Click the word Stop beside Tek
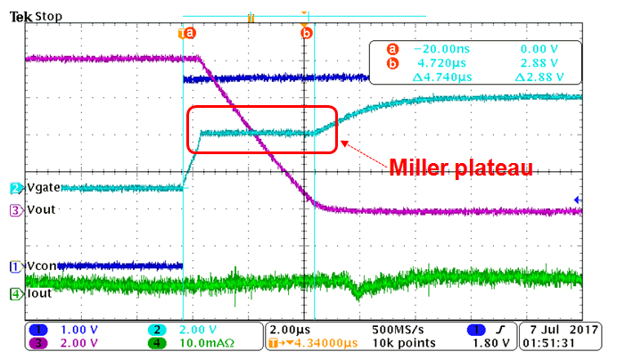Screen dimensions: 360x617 pyautogui.click(x=48, y=16)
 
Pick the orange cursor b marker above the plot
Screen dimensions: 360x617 pyautogui.click(x=307, y=33)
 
